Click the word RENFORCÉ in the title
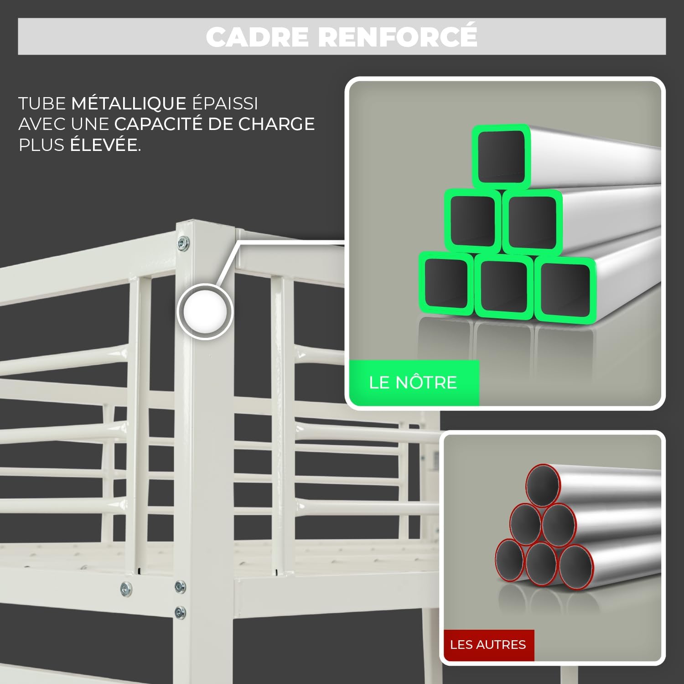(x=397, y=36)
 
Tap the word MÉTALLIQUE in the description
(x=129, y=104)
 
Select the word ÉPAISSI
(x=225, y=104)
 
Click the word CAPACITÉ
(x=158, y=124)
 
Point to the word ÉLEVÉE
(x=105, y=145)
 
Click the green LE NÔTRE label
(x=413, y=382)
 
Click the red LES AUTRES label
(x=487, y=644)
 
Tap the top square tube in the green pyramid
(x=501, y=156)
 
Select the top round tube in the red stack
(x=543, y=486)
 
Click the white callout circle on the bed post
(x=205, y=311)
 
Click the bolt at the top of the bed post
(x=183, y=243)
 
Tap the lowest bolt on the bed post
(x=180, y=612)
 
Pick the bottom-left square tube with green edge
(x=446, y=283)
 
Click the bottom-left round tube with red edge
(x=509, y=560)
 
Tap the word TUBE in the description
(x=42, y=104)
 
